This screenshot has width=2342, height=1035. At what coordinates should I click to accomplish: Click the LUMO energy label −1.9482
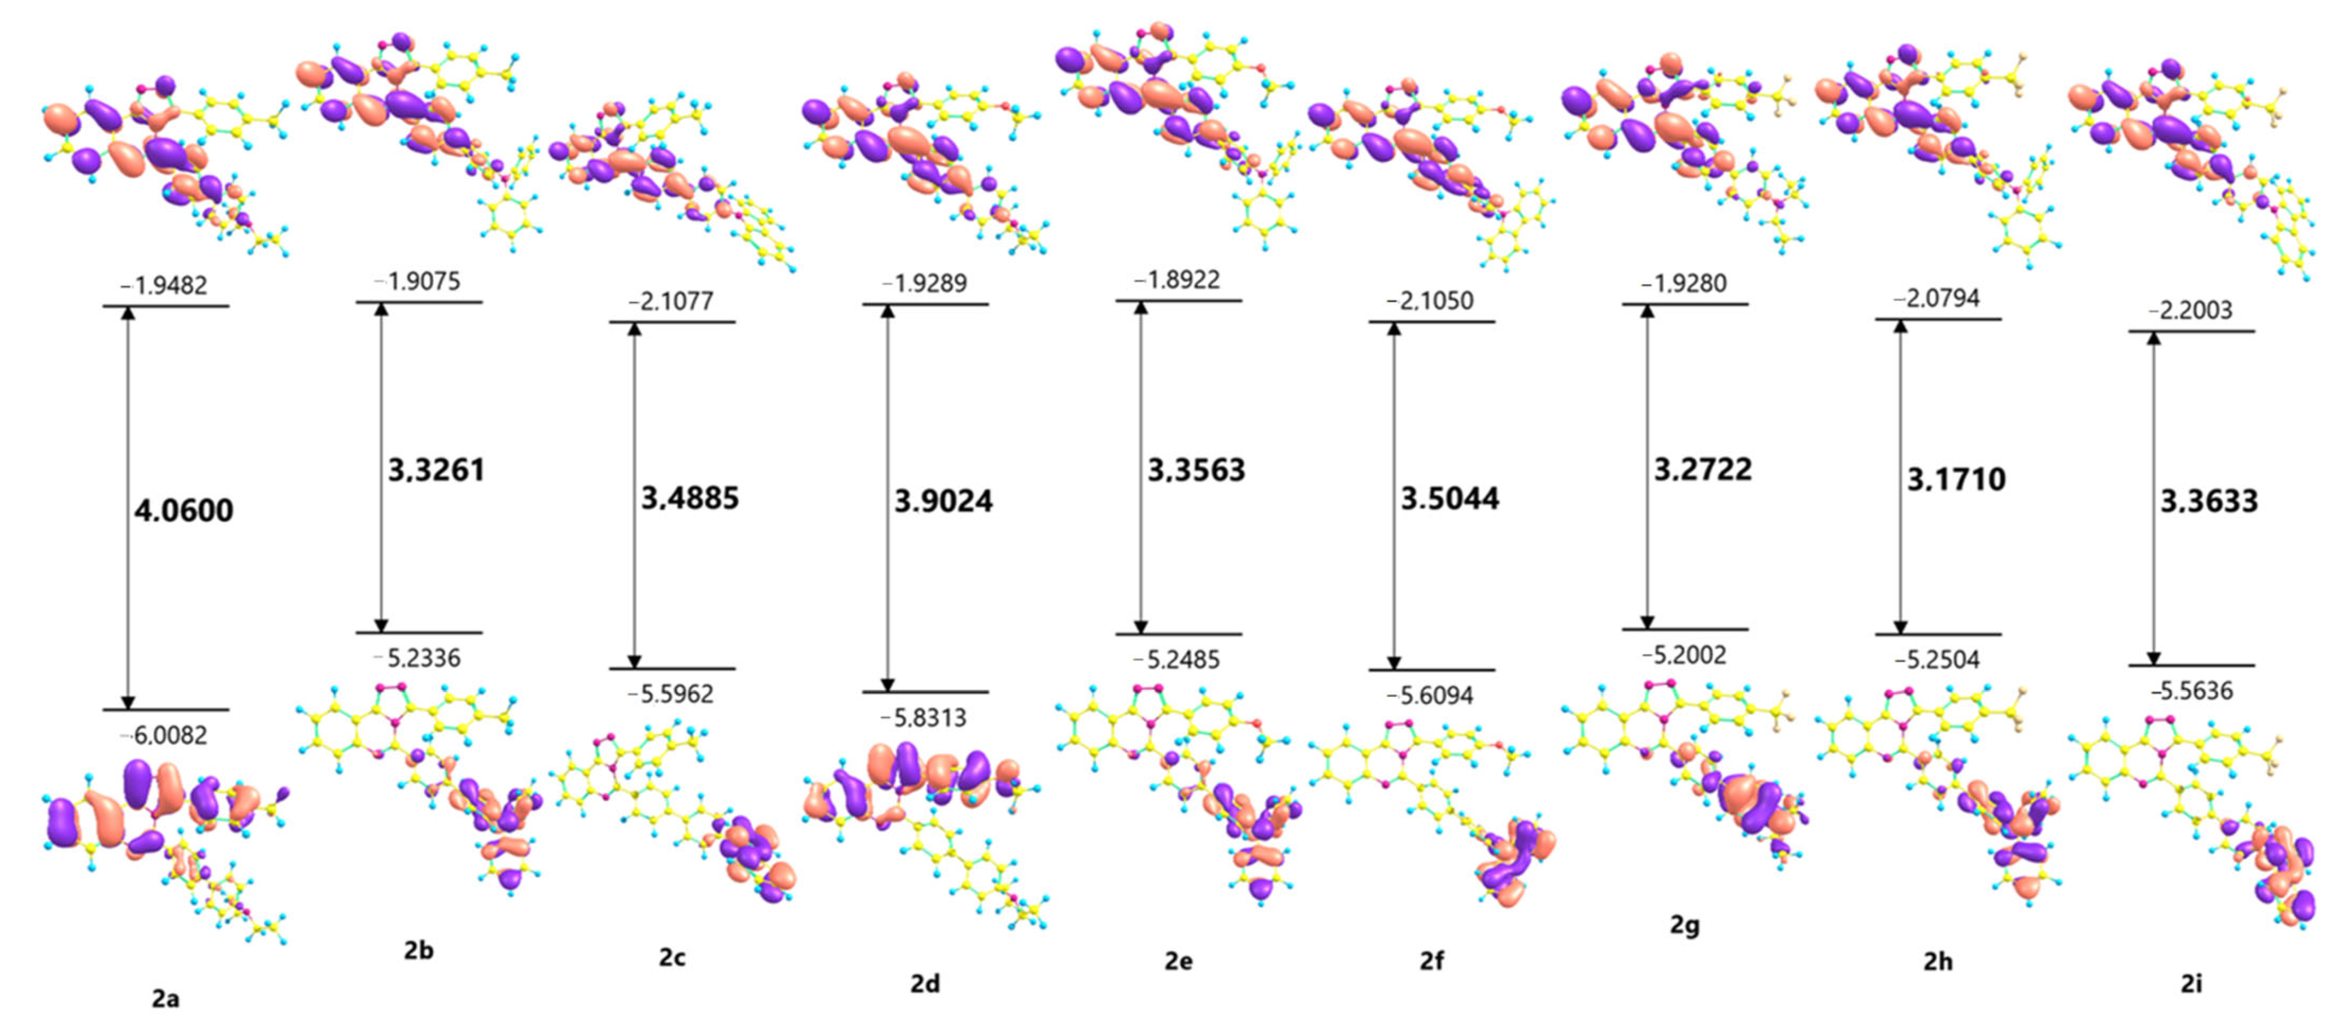[x=164, y=285]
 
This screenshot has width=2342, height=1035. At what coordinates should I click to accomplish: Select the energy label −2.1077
[x=671, y=301]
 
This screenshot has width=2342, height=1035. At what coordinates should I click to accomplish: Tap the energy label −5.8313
[x=924, y=718]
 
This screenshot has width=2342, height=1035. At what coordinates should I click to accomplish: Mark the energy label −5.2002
[x=1684, y=654]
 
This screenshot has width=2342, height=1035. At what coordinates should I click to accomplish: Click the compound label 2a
[x=166, y=999]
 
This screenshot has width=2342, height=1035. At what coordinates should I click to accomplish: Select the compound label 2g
[x=1684, y=924]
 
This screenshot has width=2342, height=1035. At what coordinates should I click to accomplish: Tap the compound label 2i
[x=2191, y=983]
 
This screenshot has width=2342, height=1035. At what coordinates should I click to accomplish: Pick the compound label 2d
[x=925, y=983]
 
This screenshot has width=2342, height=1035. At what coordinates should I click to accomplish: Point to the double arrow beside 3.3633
[x=2153, y=498]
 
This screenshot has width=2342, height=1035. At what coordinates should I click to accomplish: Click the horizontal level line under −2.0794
[x=1938, y=319]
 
